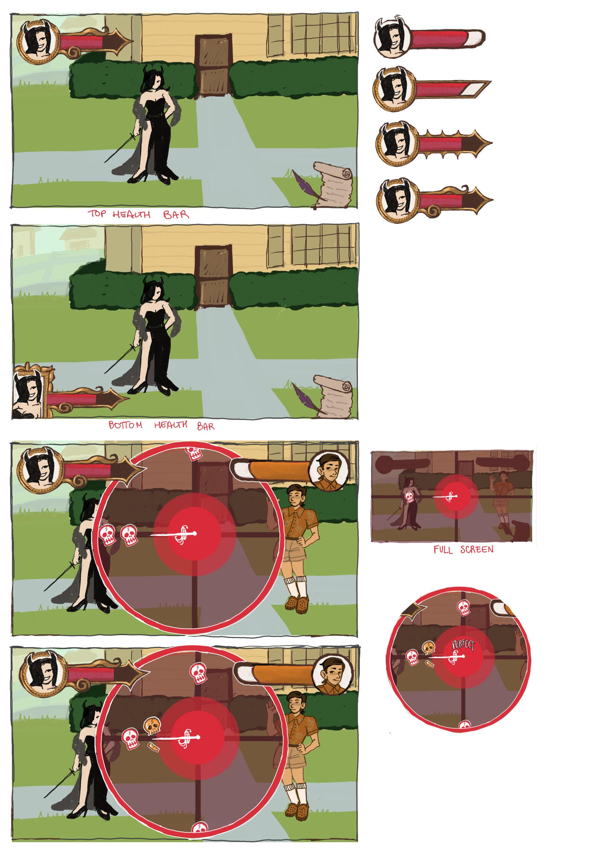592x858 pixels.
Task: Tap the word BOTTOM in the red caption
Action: point(125,425)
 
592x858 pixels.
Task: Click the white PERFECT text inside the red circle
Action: point(463,645)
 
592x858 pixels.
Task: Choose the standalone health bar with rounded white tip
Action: point(430,37)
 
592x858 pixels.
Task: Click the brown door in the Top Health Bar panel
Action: point(213,66)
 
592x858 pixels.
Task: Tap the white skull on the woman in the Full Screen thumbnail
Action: point(409,496)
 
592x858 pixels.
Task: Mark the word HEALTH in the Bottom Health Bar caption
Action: point(171,425)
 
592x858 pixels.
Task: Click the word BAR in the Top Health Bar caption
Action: point(176,214)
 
